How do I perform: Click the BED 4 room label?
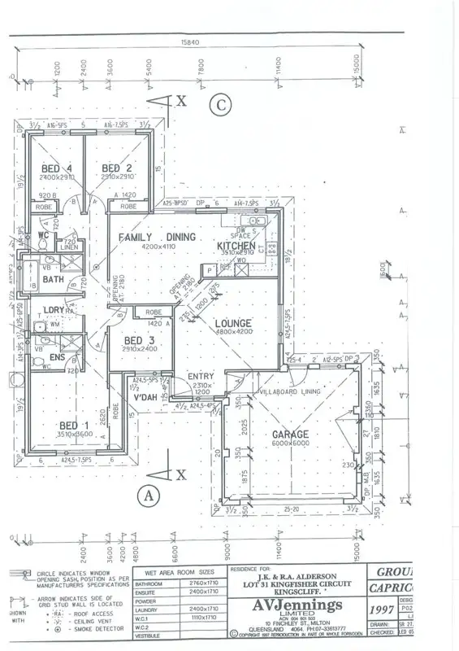click(x=57, y=168)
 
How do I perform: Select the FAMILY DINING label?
click(x=158, y=237)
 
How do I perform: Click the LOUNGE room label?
click(x=234, y=324)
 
